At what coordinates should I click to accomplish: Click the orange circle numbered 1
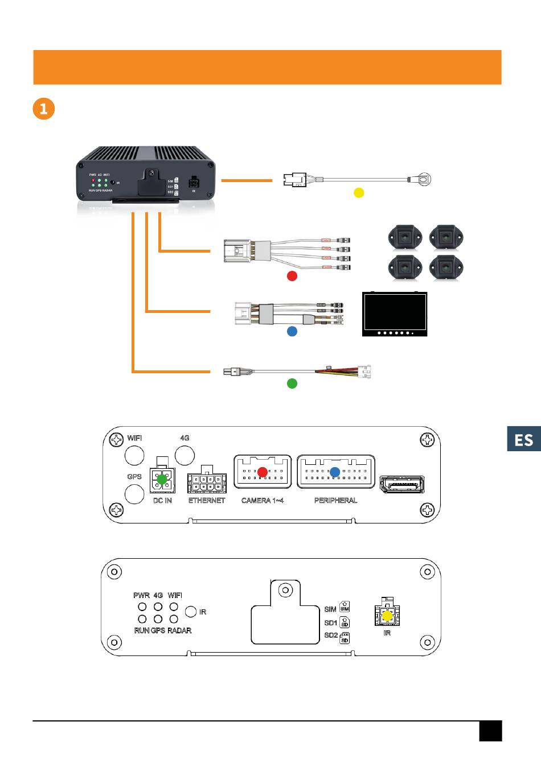click(x=44, y=108)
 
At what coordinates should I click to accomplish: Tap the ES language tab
click(x=523, y=439)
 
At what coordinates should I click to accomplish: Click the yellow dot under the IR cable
click(x=359, y=192)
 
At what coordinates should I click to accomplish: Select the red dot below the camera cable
click(x=292, y=276)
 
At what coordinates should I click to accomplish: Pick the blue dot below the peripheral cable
click(x=292, y=331)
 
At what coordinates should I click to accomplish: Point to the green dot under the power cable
click(x=292, y=383)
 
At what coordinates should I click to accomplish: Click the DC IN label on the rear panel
click(x=162, y=501)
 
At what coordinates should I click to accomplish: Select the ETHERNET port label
click(x=207, y=501)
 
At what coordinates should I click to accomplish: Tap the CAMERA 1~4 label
click(x=263, y=501)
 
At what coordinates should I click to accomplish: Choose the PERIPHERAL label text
click(x=335, y=501)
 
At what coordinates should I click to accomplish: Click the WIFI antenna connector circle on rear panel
click(x=134, y=455)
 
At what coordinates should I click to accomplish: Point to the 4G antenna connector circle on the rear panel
click(x=185, y=455)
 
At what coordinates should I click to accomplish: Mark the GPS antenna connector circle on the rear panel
click(x=134, y=494)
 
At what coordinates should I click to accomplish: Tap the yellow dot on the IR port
click(x=387, y=616)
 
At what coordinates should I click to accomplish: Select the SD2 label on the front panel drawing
click(x=331, y=636)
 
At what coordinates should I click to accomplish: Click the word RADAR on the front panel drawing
click(x=179, y=630)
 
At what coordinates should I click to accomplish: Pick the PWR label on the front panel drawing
click(x=141, y=595)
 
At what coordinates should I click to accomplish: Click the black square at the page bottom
click(x=490, y=731)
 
